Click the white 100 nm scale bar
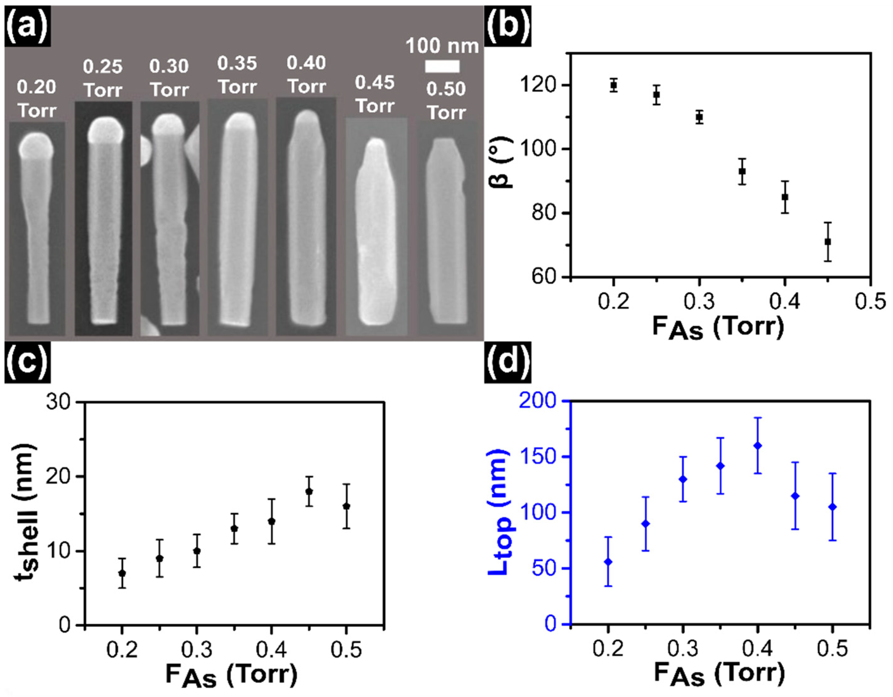pos(442,66)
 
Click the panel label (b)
pos(507,25)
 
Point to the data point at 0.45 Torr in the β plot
pos(827,242)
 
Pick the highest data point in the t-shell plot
pos(309,491)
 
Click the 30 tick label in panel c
pos(58,402)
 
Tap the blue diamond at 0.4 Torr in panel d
pos(758,445)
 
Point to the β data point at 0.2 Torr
pos(613,85)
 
